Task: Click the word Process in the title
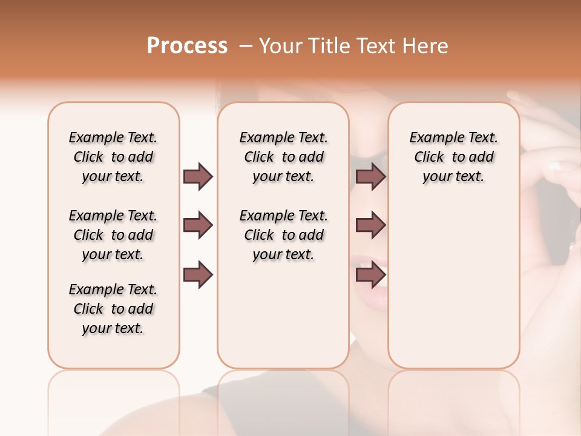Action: pos(187,46)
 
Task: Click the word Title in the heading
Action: pos(326,46)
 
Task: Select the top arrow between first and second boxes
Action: pos(198,176)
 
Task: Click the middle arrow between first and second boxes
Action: pos(198,226)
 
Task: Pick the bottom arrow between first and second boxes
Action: pos(198,275)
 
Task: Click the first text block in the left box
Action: pos(113,157)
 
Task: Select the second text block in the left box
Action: pos(113,235)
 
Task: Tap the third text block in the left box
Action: pos(113,309)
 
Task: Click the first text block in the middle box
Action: pos(284,157)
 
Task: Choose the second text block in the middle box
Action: pos(284,235)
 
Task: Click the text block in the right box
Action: pos(454,157)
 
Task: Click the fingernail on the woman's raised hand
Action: pos(555,165)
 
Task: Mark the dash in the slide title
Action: pos(246,46)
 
